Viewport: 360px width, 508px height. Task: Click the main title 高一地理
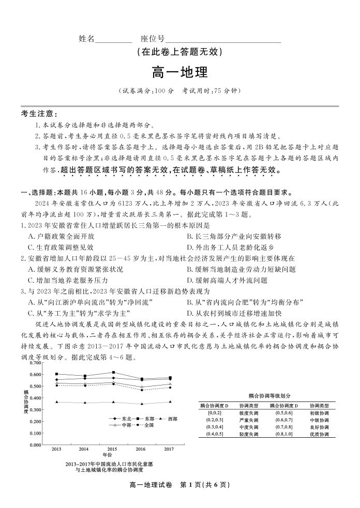click(x=179, y=72)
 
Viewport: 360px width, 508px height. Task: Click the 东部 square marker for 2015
click(x=113, y=372)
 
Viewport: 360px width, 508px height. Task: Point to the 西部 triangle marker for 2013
click(x=56, y=402)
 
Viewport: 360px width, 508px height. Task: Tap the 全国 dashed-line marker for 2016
click(x=142, y=390)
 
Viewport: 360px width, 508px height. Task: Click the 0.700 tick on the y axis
click(x=35, y=362)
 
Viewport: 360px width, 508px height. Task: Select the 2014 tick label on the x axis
click(x=84, y=449)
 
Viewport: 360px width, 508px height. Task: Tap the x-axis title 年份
click(x=107, y=455)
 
